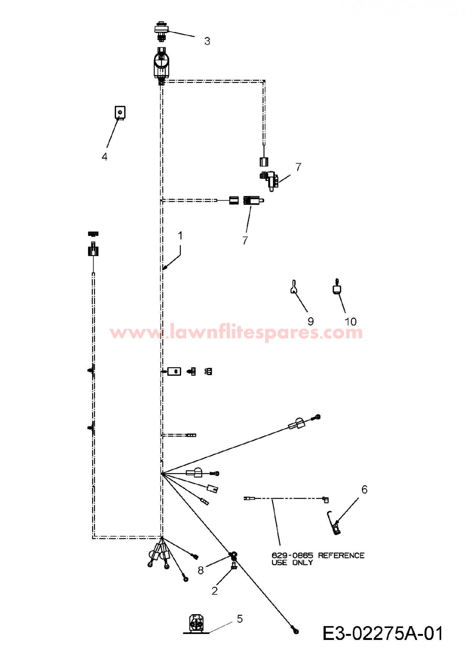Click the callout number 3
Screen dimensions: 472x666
pos(207,41)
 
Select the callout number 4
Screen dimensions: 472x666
pos(104,156)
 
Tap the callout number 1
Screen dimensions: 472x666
pos(180,236)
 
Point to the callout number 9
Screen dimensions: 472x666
pos(311,321)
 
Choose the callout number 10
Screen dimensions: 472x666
pos(351,321)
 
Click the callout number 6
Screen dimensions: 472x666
pos(364,489)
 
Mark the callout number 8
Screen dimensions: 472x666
pos(201,570)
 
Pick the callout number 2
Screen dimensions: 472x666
pos(215,591)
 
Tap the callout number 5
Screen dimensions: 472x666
pos(240,619)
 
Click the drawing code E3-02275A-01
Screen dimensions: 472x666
pos(383,633)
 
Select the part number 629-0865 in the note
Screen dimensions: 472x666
pos(292,555)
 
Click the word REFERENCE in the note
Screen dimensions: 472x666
pos(341,555)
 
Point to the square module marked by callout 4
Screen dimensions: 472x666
pos(120,113)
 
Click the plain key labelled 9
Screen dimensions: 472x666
pos(294,286)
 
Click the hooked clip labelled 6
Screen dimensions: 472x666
pos(334,523)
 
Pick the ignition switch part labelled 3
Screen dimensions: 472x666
pos(162,31)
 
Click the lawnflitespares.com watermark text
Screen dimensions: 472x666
pos(236,332)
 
